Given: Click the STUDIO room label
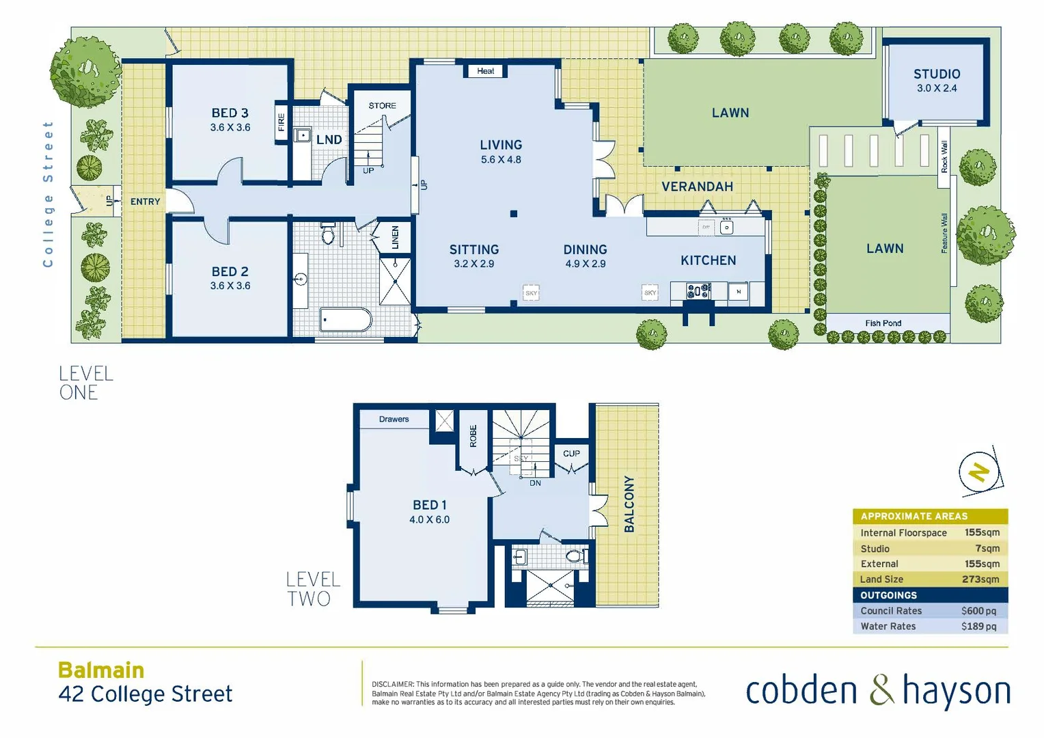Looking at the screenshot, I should (937, 74).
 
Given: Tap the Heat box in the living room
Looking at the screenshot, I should (485, 71).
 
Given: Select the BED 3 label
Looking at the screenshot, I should (230, 113).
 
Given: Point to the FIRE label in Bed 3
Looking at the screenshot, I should (281, 123).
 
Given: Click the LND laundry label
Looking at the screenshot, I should (329, 139).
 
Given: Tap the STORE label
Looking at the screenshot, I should (382, 106).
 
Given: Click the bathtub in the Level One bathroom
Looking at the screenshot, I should (346, 319).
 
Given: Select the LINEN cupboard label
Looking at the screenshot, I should (395, 237).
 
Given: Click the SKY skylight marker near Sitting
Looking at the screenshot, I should (531, 292).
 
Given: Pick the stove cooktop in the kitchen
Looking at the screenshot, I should (698, 291).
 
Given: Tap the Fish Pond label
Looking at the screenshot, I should (883, 323).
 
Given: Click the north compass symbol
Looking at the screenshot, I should (979, 472).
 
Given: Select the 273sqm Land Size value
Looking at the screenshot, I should (980, 579).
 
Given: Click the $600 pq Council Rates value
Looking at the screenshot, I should (978, 611).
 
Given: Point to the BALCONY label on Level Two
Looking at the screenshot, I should (629, 504).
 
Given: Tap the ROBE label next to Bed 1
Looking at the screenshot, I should (473, 436).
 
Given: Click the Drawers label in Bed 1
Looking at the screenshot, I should (394, 419).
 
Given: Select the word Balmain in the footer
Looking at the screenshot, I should (101, 670).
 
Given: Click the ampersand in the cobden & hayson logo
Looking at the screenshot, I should (881, 690).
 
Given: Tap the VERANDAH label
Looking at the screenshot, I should (697, 187).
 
